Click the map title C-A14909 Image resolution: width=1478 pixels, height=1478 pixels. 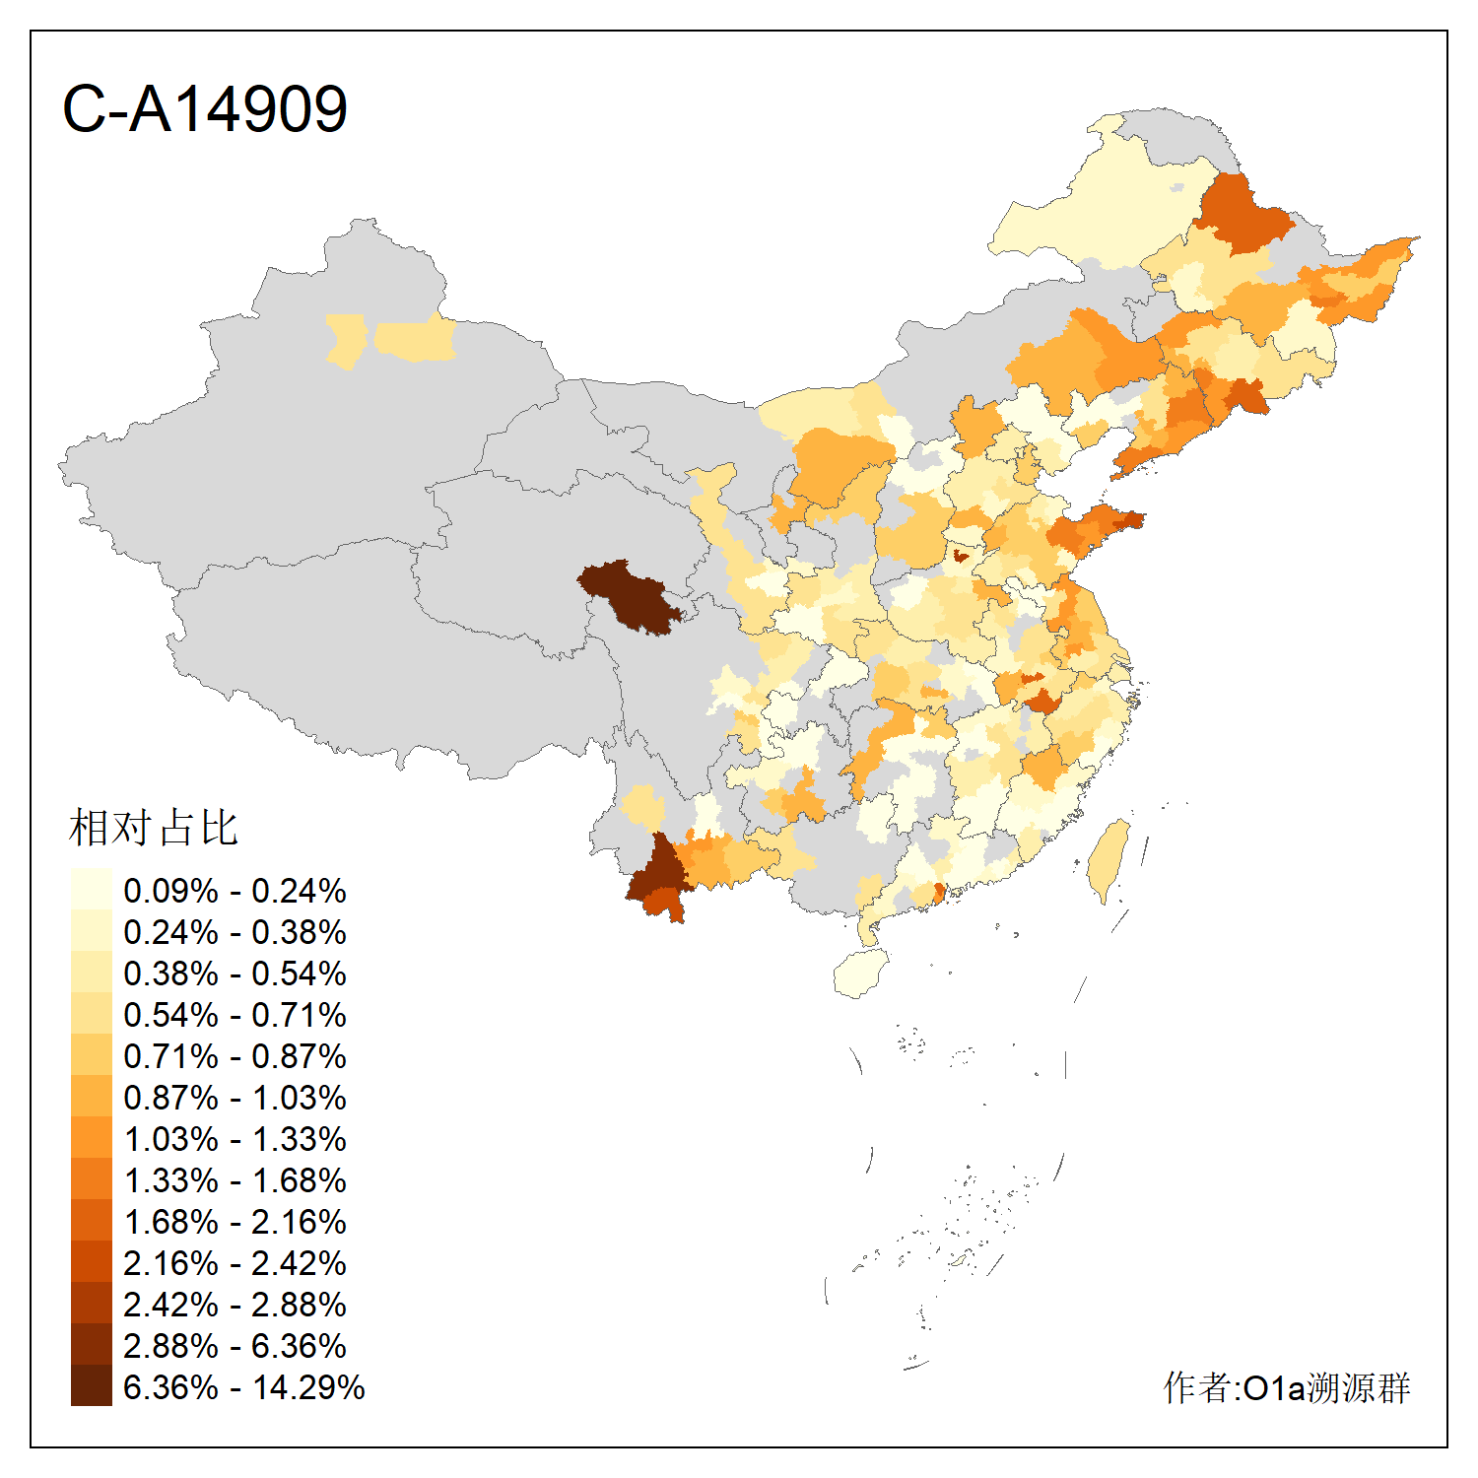point(205,108)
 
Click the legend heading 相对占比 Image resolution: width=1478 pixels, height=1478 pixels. point(153,828)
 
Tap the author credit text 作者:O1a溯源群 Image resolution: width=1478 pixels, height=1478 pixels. point(1286,1387)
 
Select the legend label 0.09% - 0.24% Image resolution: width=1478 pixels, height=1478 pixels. point(235,891)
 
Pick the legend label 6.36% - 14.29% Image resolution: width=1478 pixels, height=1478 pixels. point(243,1387)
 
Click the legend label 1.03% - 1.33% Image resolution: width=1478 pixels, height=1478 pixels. point(235,1139)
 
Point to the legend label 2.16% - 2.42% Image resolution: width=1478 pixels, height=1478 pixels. point(235,1263)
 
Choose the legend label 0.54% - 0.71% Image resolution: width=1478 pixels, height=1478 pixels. point(235,1015)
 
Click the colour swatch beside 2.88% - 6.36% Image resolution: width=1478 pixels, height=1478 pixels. point(91,1346)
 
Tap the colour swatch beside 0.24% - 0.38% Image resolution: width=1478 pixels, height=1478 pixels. point(91,932)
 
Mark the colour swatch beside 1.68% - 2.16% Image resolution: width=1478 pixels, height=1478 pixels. point(91,1222)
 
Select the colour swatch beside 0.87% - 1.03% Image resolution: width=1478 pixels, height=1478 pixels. point(91,1098)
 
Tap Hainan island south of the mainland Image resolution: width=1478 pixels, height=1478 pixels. point(860,974)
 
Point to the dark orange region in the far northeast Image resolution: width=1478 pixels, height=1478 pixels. point(1242,212)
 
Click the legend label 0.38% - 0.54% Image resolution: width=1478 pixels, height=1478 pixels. point(235,974)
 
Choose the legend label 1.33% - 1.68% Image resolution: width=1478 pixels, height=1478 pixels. point(235,1180)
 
